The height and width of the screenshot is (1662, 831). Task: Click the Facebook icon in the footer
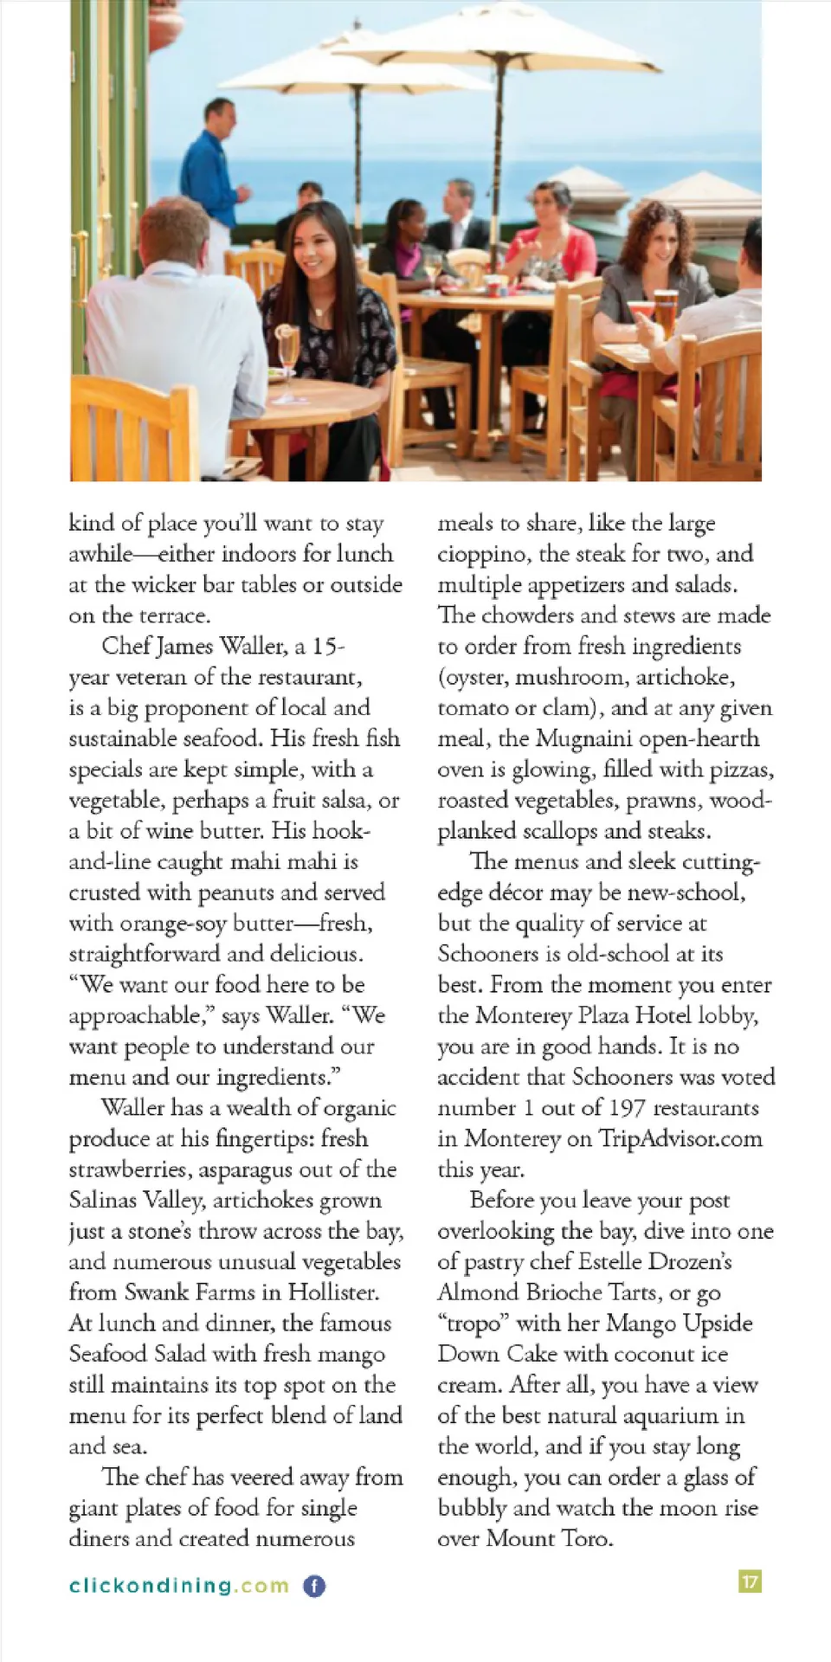click(x=314, y=1586)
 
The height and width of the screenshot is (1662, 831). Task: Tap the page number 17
click(x=750, y=1581)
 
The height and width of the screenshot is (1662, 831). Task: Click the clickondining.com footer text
click(x=178, y=1586)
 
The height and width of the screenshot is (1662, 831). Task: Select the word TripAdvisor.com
click(x=680, y=1138)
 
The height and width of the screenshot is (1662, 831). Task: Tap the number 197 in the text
click(x=627, y=1108)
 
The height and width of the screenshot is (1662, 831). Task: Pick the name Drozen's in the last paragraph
click(x=691, y=1261)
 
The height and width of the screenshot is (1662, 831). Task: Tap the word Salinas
click(x=103, y=1201)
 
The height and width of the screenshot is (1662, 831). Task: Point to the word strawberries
click(x=131, y=1169)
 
